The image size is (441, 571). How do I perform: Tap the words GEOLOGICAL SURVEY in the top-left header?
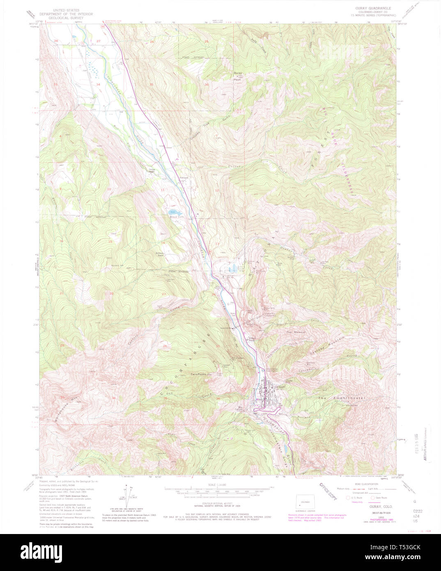pyautogui.click(x=66, y=18)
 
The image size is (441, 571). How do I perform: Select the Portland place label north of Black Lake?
pyautogui.click(x=184, y=177)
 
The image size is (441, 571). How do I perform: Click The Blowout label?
pyautogui.click(x=296, y=332)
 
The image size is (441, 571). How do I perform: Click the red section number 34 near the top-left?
pyautogui.click(x=98, y=84)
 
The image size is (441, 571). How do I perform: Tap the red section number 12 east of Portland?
pyautogui.click(x=216, y=190)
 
